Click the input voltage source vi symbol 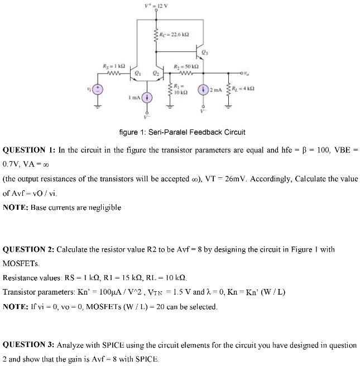[98, 89]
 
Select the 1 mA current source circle [148, 97]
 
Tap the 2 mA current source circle [201, 89]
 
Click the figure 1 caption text [182, 132]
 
